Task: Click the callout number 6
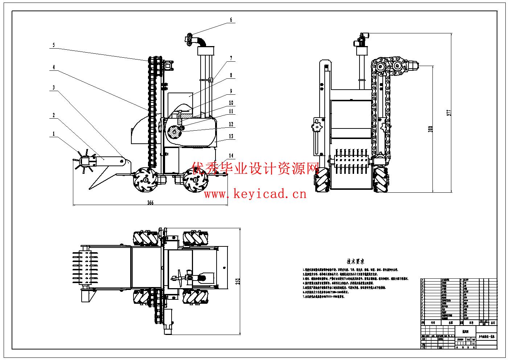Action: point(231,20)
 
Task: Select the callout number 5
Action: point(54,45)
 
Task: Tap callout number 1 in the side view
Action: point(54,134)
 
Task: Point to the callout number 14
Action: point(231,156)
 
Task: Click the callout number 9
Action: point(231,91)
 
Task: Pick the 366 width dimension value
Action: point(150,203)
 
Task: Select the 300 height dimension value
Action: point(431,128)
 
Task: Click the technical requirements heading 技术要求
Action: point(356,261)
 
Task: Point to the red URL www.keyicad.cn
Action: point(255,194)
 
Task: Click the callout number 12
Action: point(231,124)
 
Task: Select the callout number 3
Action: point(54,87)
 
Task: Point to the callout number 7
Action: point(231,58)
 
